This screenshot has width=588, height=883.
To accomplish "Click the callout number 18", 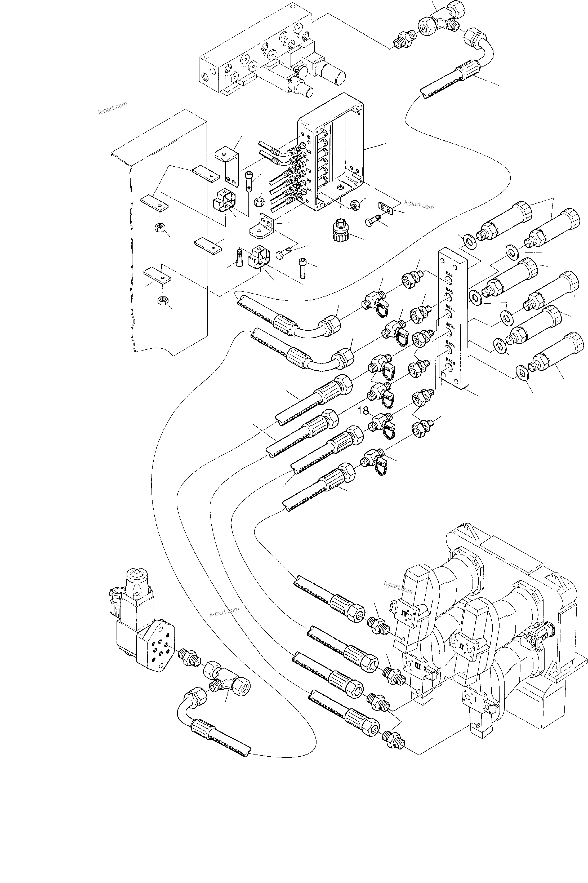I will coord(363,411).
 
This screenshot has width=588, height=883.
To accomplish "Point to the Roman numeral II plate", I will coord(461,646).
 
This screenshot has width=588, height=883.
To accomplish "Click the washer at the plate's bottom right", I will coord(521,371).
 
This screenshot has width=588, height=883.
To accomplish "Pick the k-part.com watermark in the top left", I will coord(113,108).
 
